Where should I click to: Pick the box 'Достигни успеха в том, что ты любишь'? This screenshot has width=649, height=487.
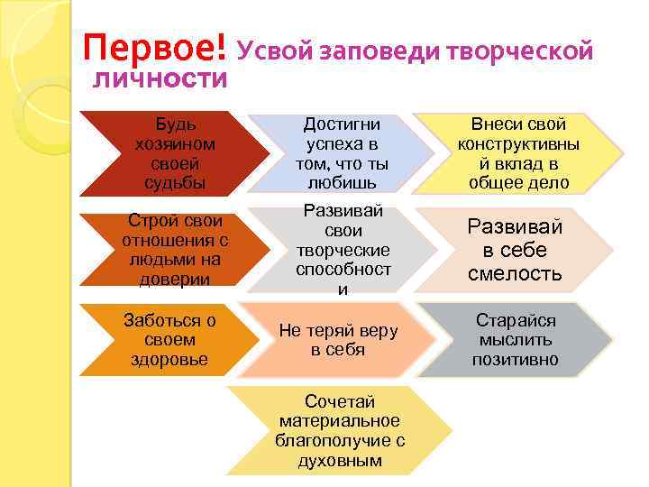point(342,153)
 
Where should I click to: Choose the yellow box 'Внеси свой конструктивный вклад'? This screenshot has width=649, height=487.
point(518,153)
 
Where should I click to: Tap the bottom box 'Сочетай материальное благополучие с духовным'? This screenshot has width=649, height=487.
point(340,431)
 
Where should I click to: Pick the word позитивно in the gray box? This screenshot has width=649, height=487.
point(516,360)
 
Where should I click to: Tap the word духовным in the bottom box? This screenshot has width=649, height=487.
point(340,461)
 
